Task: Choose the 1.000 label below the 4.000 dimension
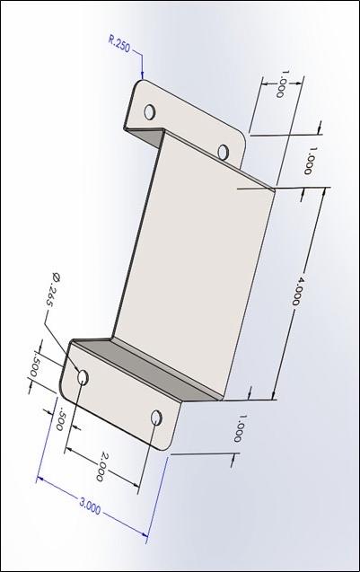[240, 428]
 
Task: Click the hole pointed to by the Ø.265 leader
[83, 377]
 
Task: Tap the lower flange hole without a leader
[156, 418]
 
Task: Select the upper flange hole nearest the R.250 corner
[150, 111]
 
